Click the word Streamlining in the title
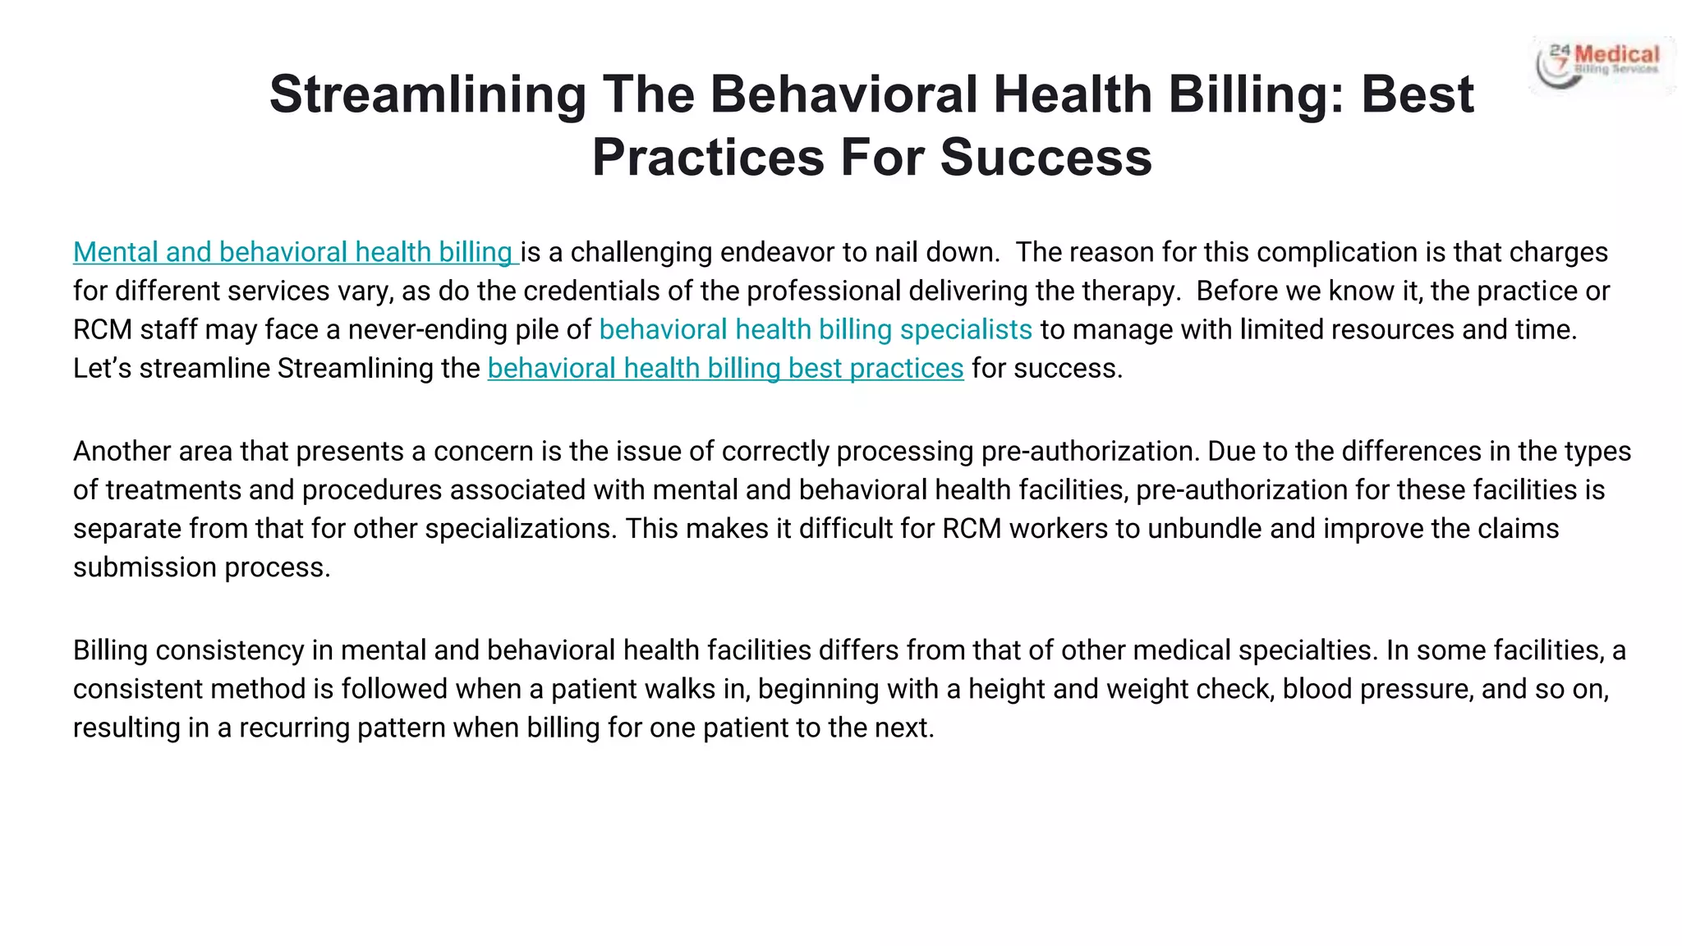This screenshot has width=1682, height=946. click(427, 94)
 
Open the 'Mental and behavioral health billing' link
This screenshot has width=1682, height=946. click(293, 252)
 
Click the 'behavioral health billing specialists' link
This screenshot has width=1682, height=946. click(815, 330)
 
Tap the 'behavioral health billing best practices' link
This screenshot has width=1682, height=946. click(725, 369)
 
